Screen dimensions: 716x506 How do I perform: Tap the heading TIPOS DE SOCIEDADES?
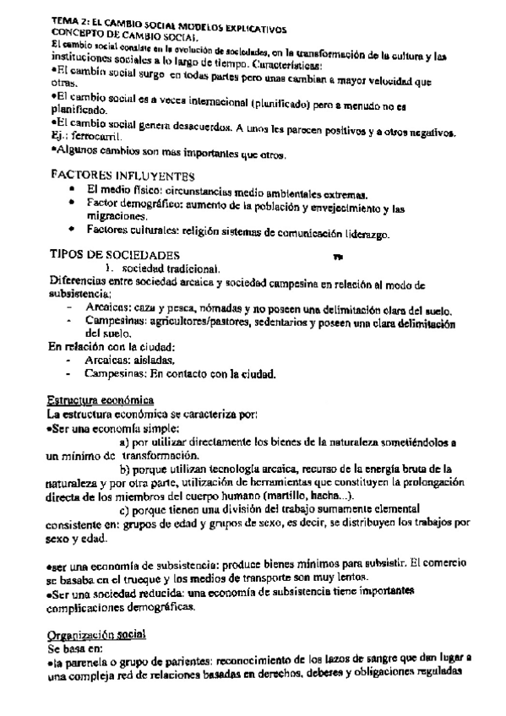[115, 254]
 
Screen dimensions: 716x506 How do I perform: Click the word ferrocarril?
[99, 136]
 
